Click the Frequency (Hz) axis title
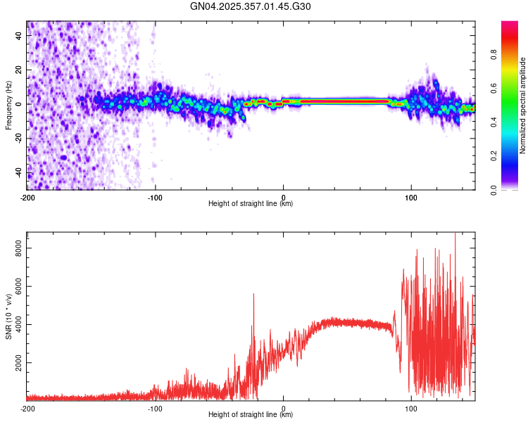(x=8, y=105)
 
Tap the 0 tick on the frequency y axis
(x=20, y=104)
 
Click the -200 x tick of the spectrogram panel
(x=27, y=197)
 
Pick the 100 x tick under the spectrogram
(x=411, y=197)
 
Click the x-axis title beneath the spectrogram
(x=251, y=204)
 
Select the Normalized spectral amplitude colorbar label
(x=523, y=105)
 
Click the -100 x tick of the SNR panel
(x=155, y=408)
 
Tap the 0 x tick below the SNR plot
(x=283, y=408)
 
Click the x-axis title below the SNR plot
(x=251, y=415)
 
